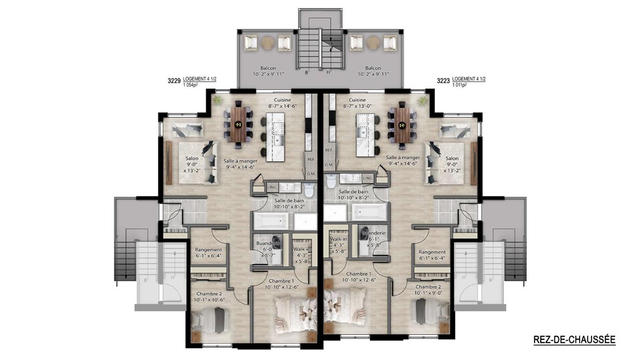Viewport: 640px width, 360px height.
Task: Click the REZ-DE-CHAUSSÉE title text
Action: [x=574, y=340]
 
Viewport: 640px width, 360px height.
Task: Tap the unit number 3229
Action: [x=174, y=81]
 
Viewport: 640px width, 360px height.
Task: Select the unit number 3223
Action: [x=443, y=81]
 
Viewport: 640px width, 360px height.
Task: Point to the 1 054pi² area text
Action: [x=191, y=84]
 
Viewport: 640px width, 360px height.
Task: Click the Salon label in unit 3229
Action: [x=191, y=158]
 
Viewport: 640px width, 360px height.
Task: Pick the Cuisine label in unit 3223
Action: [x=357, y=100]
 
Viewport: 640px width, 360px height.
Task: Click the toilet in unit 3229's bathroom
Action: [x=309, y=189]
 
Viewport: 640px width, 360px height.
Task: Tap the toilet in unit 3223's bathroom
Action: [x=331, y=181]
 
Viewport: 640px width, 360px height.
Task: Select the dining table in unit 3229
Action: [x=238, y=124]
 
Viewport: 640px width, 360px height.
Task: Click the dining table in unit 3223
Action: [x=402, y=125]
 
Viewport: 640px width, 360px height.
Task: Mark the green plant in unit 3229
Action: [x=218, y=101]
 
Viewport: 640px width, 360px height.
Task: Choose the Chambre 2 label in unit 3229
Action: [x=209, y=294]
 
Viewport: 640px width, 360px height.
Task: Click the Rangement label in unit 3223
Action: [x=432, y=252]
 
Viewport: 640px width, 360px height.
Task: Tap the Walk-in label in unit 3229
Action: [x=302, y=249]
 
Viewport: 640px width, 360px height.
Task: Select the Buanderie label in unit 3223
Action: [x=374, y=233]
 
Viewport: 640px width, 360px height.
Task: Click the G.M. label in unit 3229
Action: [x=311, y=174]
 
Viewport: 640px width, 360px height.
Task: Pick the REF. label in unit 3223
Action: [x=329, y=150]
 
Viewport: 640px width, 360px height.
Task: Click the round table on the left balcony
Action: [x=268, y=43]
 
